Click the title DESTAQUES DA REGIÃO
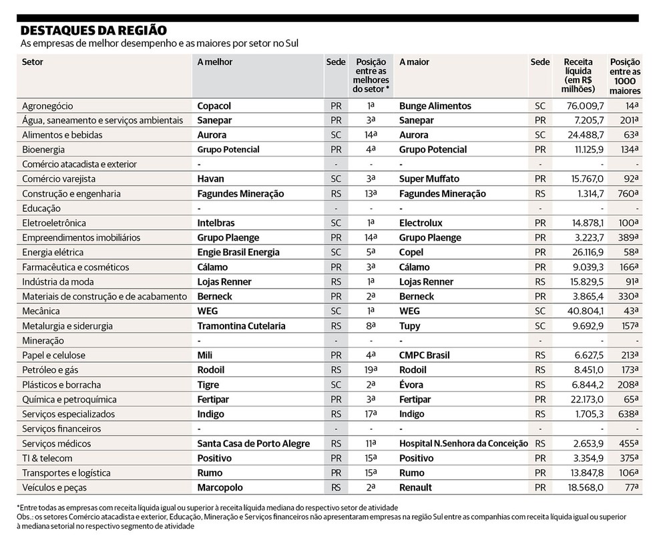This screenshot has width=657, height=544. [93, 30]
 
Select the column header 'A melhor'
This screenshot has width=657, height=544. [214, 62]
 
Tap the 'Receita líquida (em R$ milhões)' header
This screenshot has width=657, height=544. [578, 76]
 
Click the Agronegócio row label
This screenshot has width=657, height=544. [47, 106]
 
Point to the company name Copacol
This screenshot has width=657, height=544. [214, 106]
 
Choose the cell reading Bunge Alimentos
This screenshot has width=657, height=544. [435, 106]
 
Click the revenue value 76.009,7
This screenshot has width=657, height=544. [585, 106]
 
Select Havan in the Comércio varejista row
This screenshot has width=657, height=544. [210, 179]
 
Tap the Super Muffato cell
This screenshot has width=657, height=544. [429, 179]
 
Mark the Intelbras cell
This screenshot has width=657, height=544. [216, 223]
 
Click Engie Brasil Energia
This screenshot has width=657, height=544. [238, 253]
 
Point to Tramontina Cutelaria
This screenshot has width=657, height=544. [241, 326]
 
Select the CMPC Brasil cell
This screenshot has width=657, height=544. [425, 356]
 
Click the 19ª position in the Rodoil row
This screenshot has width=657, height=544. [371, 370]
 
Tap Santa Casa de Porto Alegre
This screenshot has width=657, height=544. [254, 444]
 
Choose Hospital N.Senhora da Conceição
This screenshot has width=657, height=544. [463, 444]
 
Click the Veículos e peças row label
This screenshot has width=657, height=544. [55, 488]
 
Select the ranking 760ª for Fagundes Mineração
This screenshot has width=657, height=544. [628, 194]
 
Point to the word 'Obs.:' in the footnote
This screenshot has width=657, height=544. [25, 517]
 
